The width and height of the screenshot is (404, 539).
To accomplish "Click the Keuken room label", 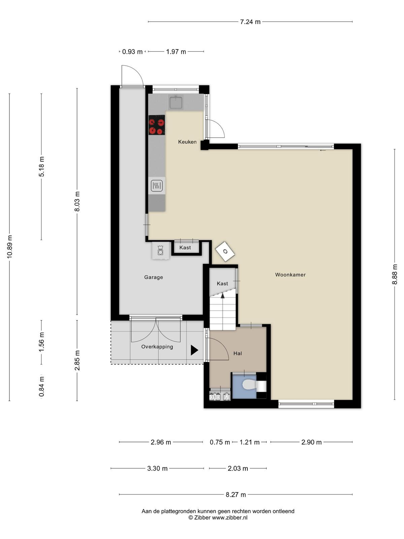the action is pos(187,142).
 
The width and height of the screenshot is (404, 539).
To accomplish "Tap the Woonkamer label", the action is pos(290,275).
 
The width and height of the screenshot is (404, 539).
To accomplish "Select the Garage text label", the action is pos(154,277).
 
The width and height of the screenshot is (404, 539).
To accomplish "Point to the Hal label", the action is pos(237,353).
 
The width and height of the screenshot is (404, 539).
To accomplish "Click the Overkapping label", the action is pos(157,347).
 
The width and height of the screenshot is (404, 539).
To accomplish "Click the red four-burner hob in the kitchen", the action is pos(157,125).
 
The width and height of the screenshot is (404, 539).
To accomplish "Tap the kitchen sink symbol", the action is pos(175,102).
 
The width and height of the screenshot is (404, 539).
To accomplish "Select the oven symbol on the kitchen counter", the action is pos(157,186).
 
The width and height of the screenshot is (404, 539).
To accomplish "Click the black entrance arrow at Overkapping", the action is pos(194,350).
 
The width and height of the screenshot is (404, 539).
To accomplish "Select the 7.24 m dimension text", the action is pos(250,22).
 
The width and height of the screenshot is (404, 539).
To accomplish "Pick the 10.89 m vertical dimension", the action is pos(9,247).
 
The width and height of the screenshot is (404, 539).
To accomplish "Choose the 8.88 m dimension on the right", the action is pos(395,274).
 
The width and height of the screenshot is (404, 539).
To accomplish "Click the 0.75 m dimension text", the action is pos(220,442).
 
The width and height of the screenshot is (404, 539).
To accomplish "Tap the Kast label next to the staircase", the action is pos(222,284).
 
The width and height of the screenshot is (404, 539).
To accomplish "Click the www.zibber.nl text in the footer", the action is pos(230,517).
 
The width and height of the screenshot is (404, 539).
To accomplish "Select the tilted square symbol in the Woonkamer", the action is pos(225,251).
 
